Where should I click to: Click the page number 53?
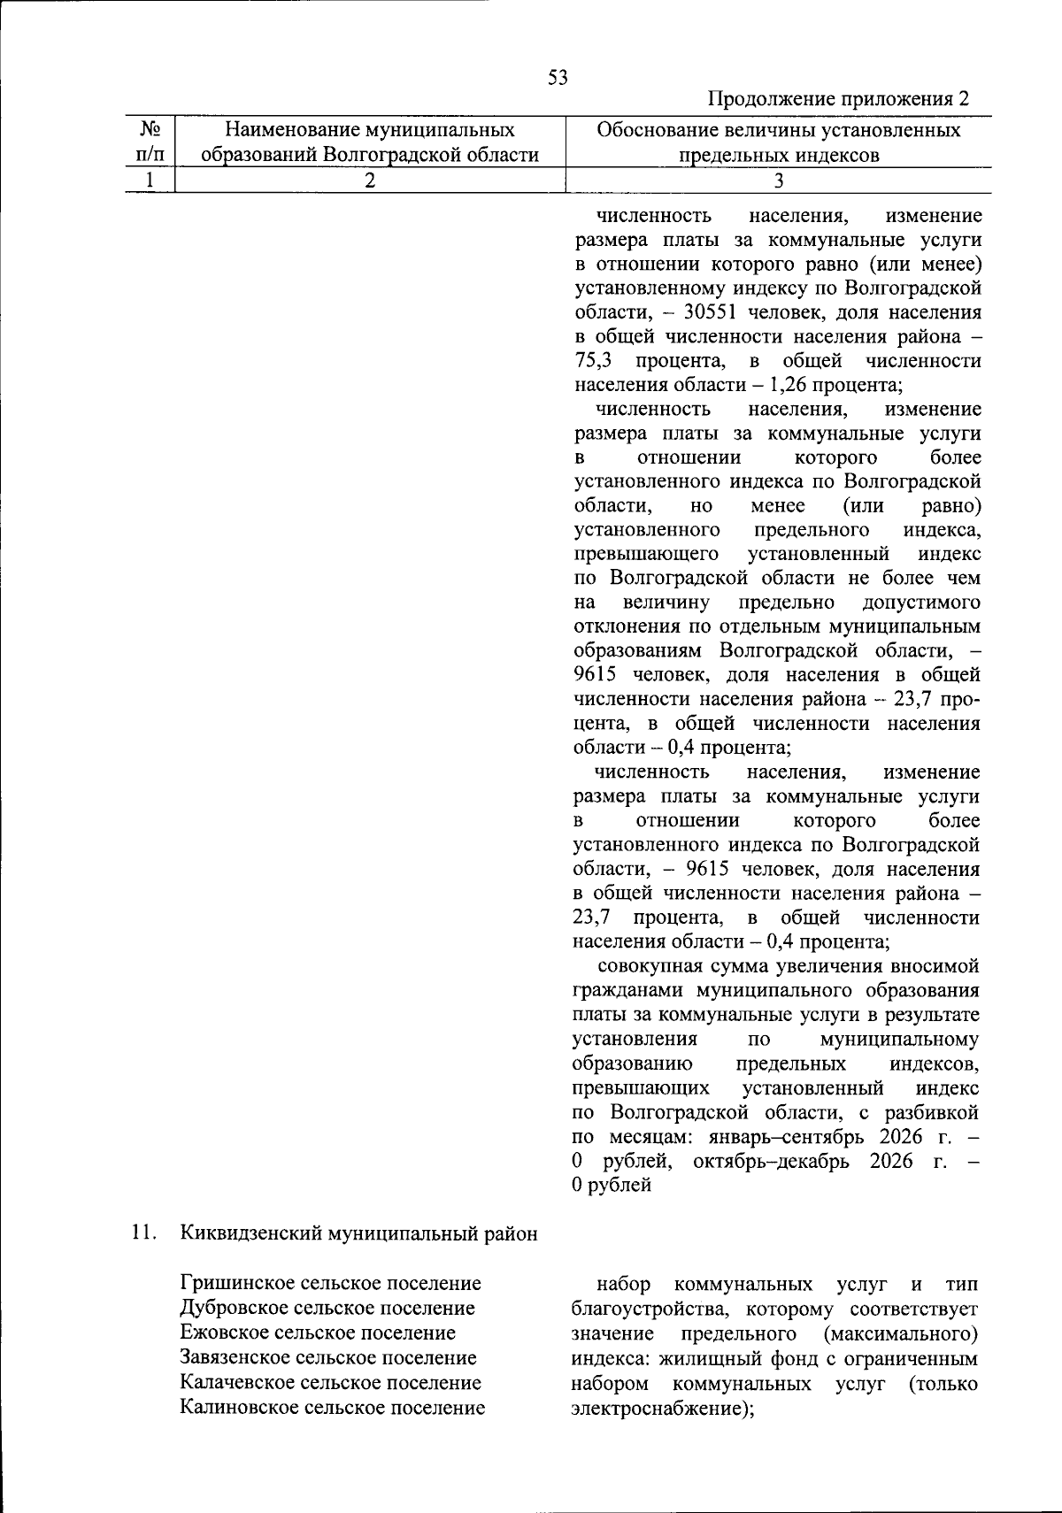coord(558,77)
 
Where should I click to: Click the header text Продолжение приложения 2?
coord(839,98)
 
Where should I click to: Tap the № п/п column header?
coord(150,142)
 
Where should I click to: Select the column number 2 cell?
coord(370,180)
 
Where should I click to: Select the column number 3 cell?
coord(779,180)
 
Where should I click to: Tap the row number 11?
coord(143,1233)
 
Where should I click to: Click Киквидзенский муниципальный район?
coord(358,1233)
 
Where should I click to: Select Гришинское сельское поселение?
coord(330,1283)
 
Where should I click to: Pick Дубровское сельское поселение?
coord(327,1308)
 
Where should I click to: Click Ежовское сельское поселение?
coord(318,1333)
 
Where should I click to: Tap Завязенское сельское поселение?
coord(327,1357)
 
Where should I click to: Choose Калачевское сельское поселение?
coord(330,1382)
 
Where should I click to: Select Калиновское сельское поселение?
coord(332,1407)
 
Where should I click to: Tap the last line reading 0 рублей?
coord(612,1186)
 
